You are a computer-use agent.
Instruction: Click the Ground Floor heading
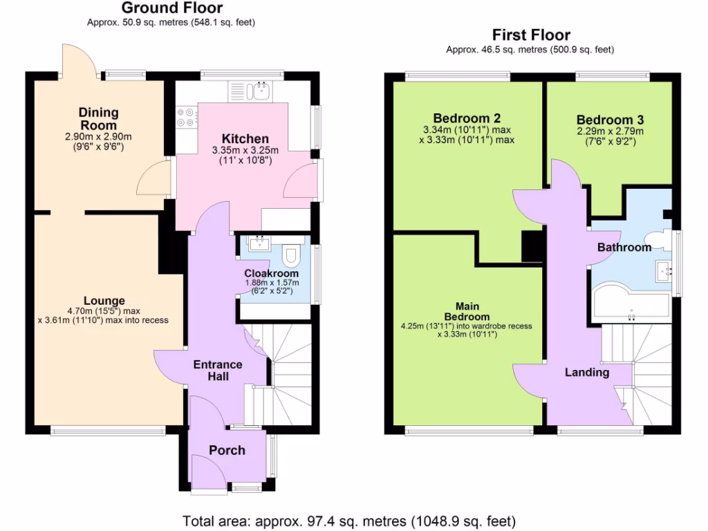(172, 8)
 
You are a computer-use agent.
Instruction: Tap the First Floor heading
(530, 35)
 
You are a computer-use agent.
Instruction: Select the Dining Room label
(98, 118)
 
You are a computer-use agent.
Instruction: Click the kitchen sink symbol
(261, 89)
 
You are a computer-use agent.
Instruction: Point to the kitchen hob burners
(186, 117)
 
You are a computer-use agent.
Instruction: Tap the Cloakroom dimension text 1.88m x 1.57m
(272, 282)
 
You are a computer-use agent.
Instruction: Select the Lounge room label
(104, 301)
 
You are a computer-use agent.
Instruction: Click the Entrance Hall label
(218, 370)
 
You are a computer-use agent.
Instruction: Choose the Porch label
(227, 450)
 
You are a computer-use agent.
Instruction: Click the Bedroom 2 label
(467, 118)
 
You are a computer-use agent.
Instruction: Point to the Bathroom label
(624, 247)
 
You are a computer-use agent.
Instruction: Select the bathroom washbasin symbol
(665, 271)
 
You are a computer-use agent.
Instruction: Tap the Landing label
(587, 372)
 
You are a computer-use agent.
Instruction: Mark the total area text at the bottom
(349, 520)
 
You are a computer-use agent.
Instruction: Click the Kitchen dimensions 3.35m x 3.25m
(245, 151)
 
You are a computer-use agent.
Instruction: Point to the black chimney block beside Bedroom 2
(532, 246)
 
